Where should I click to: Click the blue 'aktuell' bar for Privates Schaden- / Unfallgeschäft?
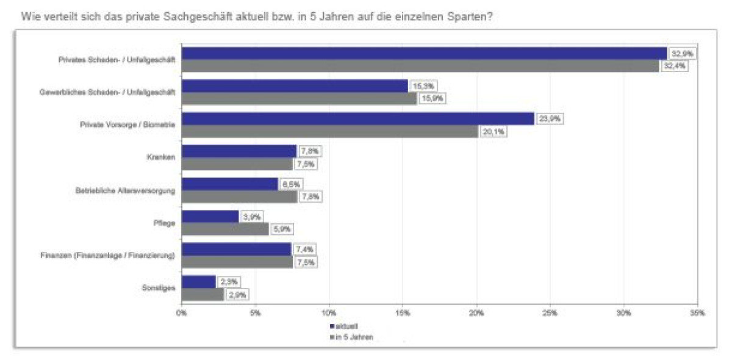[424, 53]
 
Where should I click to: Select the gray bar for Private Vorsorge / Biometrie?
[329, 131]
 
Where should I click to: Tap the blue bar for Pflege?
[210, 217]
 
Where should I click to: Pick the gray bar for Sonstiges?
[203, 294]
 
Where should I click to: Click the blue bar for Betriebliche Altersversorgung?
[230, 184]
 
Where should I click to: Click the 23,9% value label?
[550, 119]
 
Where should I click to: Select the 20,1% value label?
[492, 132]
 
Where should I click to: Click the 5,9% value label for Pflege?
[283, 229]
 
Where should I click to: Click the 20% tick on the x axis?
[476, 313]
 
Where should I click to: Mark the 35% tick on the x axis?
[697, 313]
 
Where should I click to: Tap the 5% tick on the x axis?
[255, 313]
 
